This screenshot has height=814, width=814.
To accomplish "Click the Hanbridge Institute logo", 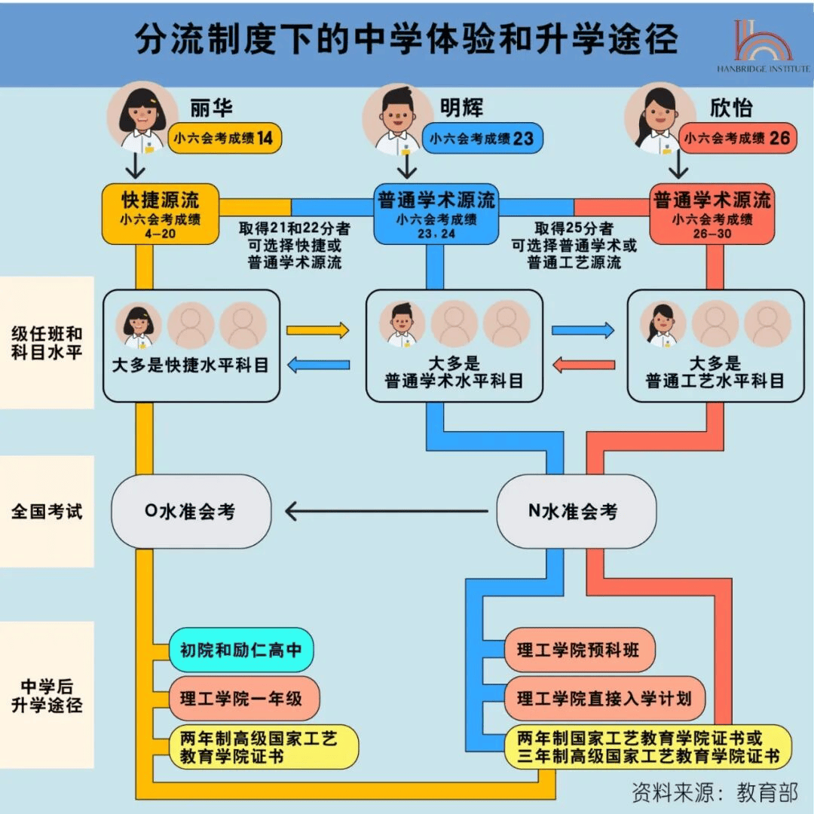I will click(763, 45).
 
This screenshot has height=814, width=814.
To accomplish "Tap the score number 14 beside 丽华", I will click(265, 138).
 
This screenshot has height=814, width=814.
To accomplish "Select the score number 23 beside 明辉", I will click(523, 138).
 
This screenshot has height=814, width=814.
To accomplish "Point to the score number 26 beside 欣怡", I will click(780, 138).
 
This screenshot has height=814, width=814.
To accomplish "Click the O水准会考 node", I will click(190, 512).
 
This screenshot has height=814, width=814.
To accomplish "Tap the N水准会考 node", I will click(574, 512).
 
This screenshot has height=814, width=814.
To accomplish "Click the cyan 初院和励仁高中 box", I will click(240, 650).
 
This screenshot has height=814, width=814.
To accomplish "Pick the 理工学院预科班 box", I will click(579, 650).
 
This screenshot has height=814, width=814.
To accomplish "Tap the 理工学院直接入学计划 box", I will click(604, 698).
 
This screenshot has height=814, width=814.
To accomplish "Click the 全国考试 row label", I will click(47, 512).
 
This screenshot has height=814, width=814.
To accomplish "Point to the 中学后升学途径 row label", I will click(47, 696).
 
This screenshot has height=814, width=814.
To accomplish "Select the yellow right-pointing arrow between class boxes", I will click(318, 330).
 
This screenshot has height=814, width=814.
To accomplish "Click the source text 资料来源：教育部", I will click(715, 791).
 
